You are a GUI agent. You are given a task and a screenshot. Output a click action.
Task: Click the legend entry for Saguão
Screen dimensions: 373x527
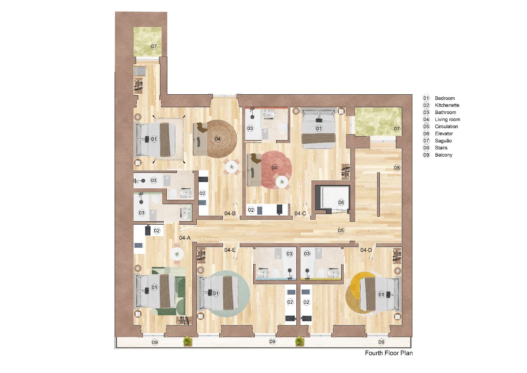point(443,140)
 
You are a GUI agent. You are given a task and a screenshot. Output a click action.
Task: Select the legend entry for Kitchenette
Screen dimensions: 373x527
point(447,105)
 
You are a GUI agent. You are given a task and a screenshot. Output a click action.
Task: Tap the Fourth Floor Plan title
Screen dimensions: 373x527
point(388,353)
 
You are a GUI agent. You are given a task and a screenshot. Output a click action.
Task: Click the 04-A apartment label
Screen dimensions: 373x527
point(185,238)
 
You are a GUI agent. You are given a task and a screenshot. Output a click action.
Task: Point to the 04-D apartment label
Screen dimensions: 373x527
point(366,250)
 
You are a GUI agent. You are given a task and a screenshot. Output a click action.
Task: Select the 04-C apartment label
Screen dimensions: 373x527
point(300,213)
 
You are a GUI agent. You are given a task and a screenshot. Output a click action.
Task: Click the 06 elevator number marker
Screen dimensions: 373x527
point(341,202)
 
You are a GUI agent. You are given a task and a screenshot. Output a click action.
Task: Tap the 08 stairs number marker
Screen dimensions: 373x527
point(397,168)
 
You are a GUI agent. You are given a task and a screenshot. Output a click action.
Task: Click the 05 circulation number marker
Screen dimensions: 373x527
point(341,230)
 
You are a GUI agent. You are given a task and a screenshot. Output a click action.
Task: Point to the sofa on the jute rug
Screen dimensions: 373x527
point(199,139)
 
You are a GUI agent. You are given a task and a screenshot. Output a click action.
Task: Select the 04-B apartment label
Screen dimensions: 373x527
point(230,213)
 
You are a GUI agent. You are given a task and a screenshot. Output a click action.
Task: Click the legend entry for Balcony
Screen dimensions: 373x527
point(443,155)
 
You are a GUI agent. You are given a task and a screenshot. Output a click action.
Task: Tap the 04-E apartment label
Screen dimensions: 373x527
point(230,250)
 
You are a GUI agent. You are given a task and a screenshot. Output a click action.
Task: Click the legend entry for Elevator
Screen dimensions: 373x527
point(444,134)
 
